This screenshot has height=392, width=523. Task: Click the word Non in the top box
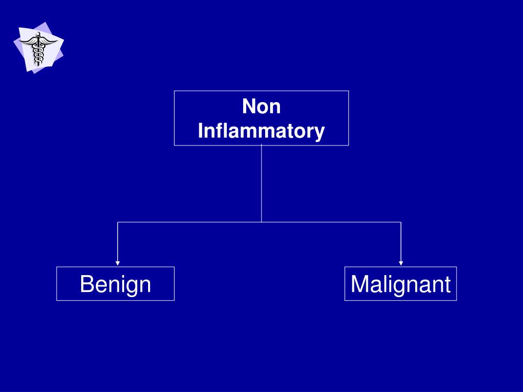click(x=261, y=107)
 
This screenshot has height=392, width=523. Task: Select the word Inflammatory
click(x=261, y=131)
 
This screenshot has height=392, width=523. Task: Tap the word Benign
click(x=115, y=284)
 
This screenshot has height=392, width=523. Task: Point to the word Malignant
click(x=400, y=284)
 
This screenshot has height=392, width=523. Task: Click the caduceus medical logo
click(x=38, y=48)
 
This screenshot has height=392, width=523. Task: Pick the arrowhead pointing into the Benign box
click(x=118, y=263)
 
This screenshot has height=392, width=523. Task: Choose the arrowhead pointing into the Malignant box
click(x=401, y=263)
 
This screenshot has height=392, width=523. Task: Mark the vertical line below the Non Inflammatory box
click(x=261, y=184)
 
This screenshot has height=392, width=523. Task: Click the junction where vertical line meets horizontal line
click(x=261, y=222)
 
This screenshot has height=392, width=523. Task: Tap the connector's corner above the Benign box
click(x=118, y=222)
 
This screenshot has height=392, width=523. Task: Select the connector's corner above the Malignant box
click(x=401, y=222)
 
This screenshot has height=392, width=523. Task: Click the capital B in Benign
click(x=86, y=284)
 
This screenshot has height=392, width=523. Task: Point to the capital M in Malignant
click(x=360, y=284)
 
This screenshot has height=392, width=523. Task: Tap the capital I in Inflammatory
click(x=200, y=131)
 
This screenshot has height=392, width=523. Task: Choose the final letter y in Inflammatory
click(x=320, y=133)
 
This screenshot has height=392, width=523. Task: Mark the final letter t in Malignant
click(x=447, y=284)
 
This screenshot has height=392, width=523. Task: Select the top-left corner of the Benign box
click(x=57, y=267)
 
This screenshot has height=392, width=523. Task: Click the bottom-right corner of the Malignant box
click(x=456, y=300)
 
